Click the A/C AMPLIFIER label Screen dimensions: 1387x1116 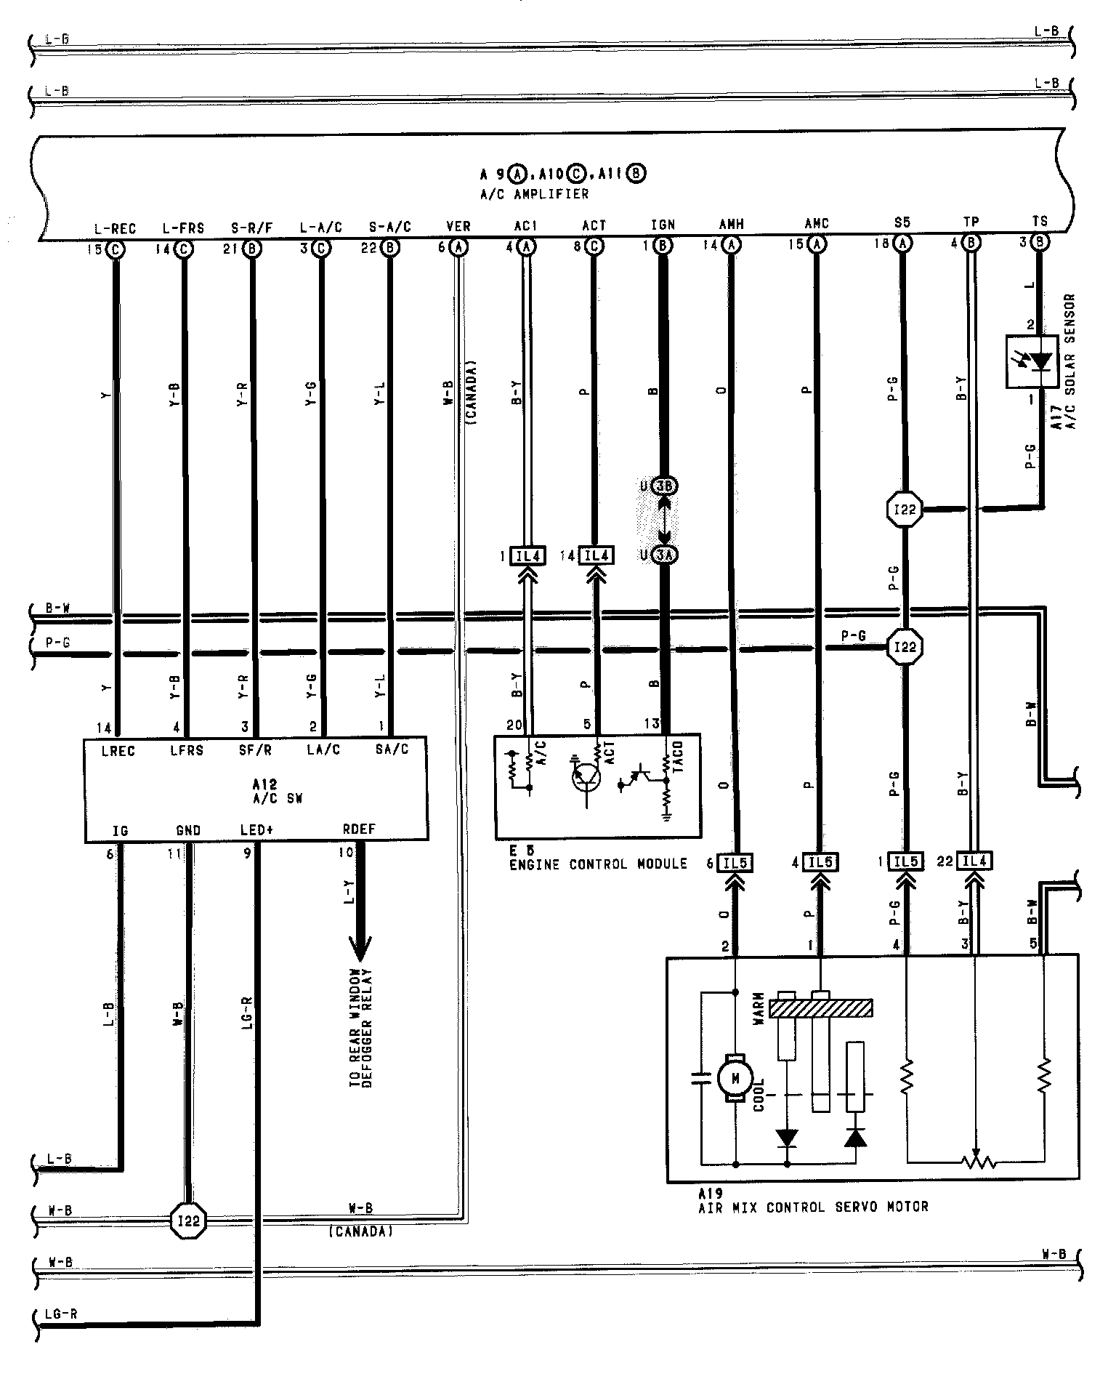534,194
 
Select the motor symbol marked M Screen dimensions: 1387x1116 735,1079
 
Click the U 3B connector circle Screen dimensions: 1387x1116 665,485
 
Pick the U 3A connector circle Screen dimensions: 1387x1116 665,555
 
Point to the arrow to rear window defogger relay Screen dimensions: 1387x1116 360,944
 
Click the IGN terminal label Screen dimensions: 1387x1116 663,225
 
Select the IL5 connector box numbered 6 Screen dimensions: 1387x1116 735,863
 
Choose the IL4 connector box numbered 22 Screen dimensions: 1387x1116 974,861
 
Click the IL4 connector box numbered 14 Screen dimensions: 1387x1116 596,556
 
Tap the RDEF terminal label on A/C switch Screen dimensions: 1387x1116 359,829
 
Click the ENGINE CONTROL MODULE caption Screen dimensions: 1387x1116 597,864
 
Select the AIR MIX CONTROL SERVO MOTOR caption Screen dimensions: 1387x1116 813,1207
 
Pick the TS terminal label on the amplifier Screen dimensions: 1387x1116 1040,222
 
